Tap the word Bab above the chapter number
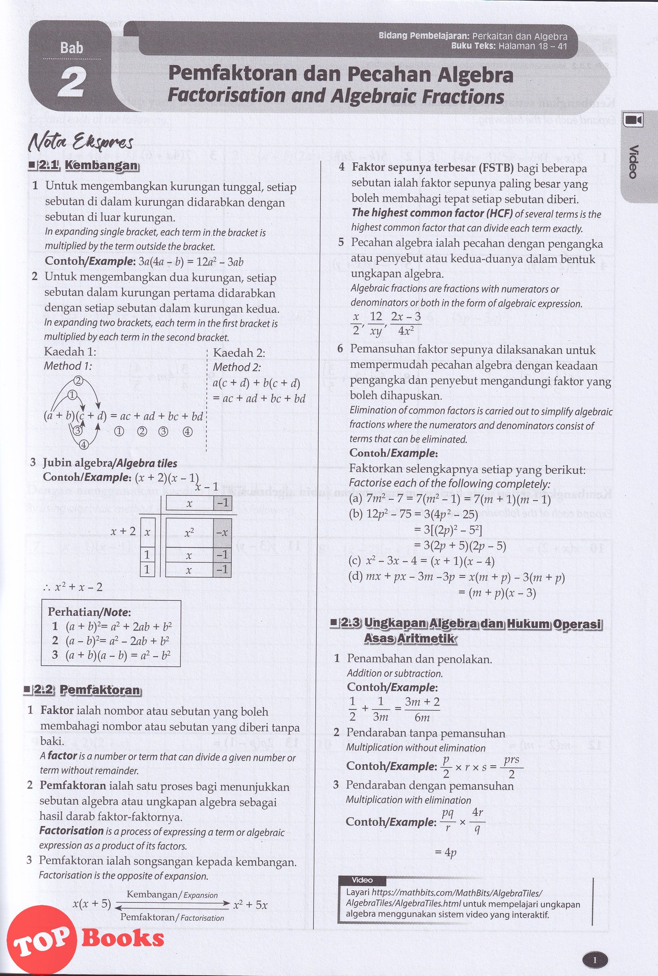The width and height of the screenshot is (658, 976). pyautogui.click(x=71, y=48)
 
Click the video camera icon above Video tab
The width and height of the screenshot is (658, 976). pyautogui.click(x=633, y=120)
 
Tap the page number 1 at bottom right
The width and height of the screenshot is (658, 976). pyautogui.click(x=595, y=947)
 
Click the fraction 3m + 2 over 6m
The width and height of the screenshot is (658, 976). pyautogui.click(x=422, y=709)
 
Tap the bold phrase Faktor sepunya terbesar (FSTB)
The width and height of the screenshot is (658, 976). pyautogui.click(x=433, y=167)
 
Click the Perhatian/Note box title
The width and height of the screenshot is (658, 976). pyautogui.click(x=89, y=612)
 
